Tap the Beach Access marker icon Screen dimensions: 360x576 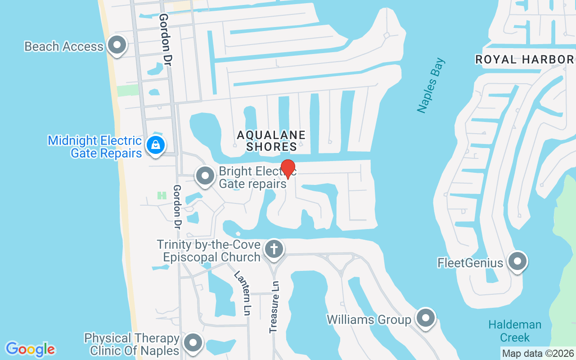[117, 45]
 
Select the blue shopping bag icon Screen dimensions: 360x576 [155, 145]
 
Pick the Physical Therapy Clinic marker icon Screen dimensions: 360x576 [193, 343]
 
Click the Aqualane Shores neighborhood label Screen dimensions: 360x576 [271, 140]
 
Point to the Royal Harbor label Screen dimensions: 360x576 [524, 59]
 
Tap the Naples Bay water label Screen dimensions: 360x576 [430, 85]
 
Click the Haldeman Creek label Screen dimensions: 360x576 [515, 331]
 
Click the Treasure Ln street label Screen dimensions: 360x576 [274, 307]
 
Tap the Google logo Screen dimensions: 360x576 [30, 349]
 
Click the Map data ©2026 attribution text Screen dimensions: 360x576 [538, 353]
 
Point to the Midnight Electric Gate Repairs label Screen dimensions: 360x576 [95, 147]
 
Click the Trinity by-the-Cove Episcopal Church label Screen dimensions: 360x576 [208, 251]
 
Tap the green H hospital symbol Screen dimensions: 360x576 [162, 195]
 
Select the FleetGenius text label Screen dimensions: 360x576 [470, 262]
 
